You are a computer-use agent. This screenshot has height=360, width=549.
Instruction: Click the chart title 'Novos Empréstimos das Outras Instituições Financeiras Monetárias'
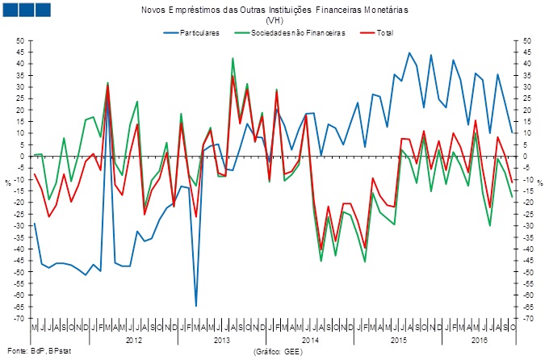274,10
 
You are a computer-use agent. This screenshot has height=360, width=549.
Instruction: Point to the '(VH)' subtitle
274,20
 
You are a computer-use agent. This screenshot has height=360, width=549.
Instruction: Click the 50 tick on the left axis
19,40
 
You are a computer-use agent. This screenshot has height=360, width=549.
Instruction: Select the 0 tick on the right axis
526,157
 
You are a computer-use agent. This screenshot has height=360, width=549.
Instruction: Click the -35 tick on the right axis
528,237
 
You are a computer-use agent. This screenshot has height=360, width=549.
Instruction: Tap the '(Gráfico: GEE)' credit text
278,351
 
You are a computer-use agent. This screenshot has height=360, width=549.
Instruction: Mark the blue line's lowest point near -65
196,306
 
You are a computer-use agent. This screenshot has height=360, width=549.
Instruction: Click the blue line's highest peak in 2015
409,52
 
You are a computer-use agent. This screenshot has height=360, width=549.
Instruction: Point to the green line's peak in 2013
233,58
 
